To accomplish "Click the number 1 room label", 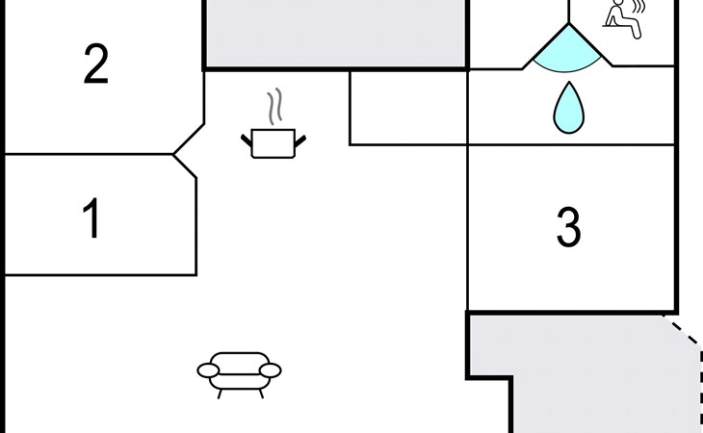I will [x=92, y=219].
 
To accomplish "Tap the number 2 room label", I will [x=95, y=65].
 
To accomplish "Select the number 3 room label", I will [x=569, y=228].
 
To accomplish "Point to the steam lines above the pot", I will [x=274, y=106].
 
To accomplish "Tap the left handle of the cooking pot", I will [x=247, y=142].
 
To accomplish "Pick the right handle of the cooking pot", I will [x=300, y=142].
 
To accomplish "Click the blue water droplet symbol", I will [x=568, y=108].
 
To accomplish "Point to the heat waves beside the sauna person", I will [x=638, y=14].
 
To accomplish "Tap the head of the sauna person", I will [x=617, y=5].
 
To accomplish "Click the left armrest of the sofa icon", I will [x=209, y=369].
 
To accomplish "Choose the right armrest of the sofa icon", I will [x=272, y=369].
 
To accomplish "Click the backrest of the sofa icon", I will [x=240, y=358].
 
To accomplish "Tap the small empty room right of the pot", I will [x=407, y=107].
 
